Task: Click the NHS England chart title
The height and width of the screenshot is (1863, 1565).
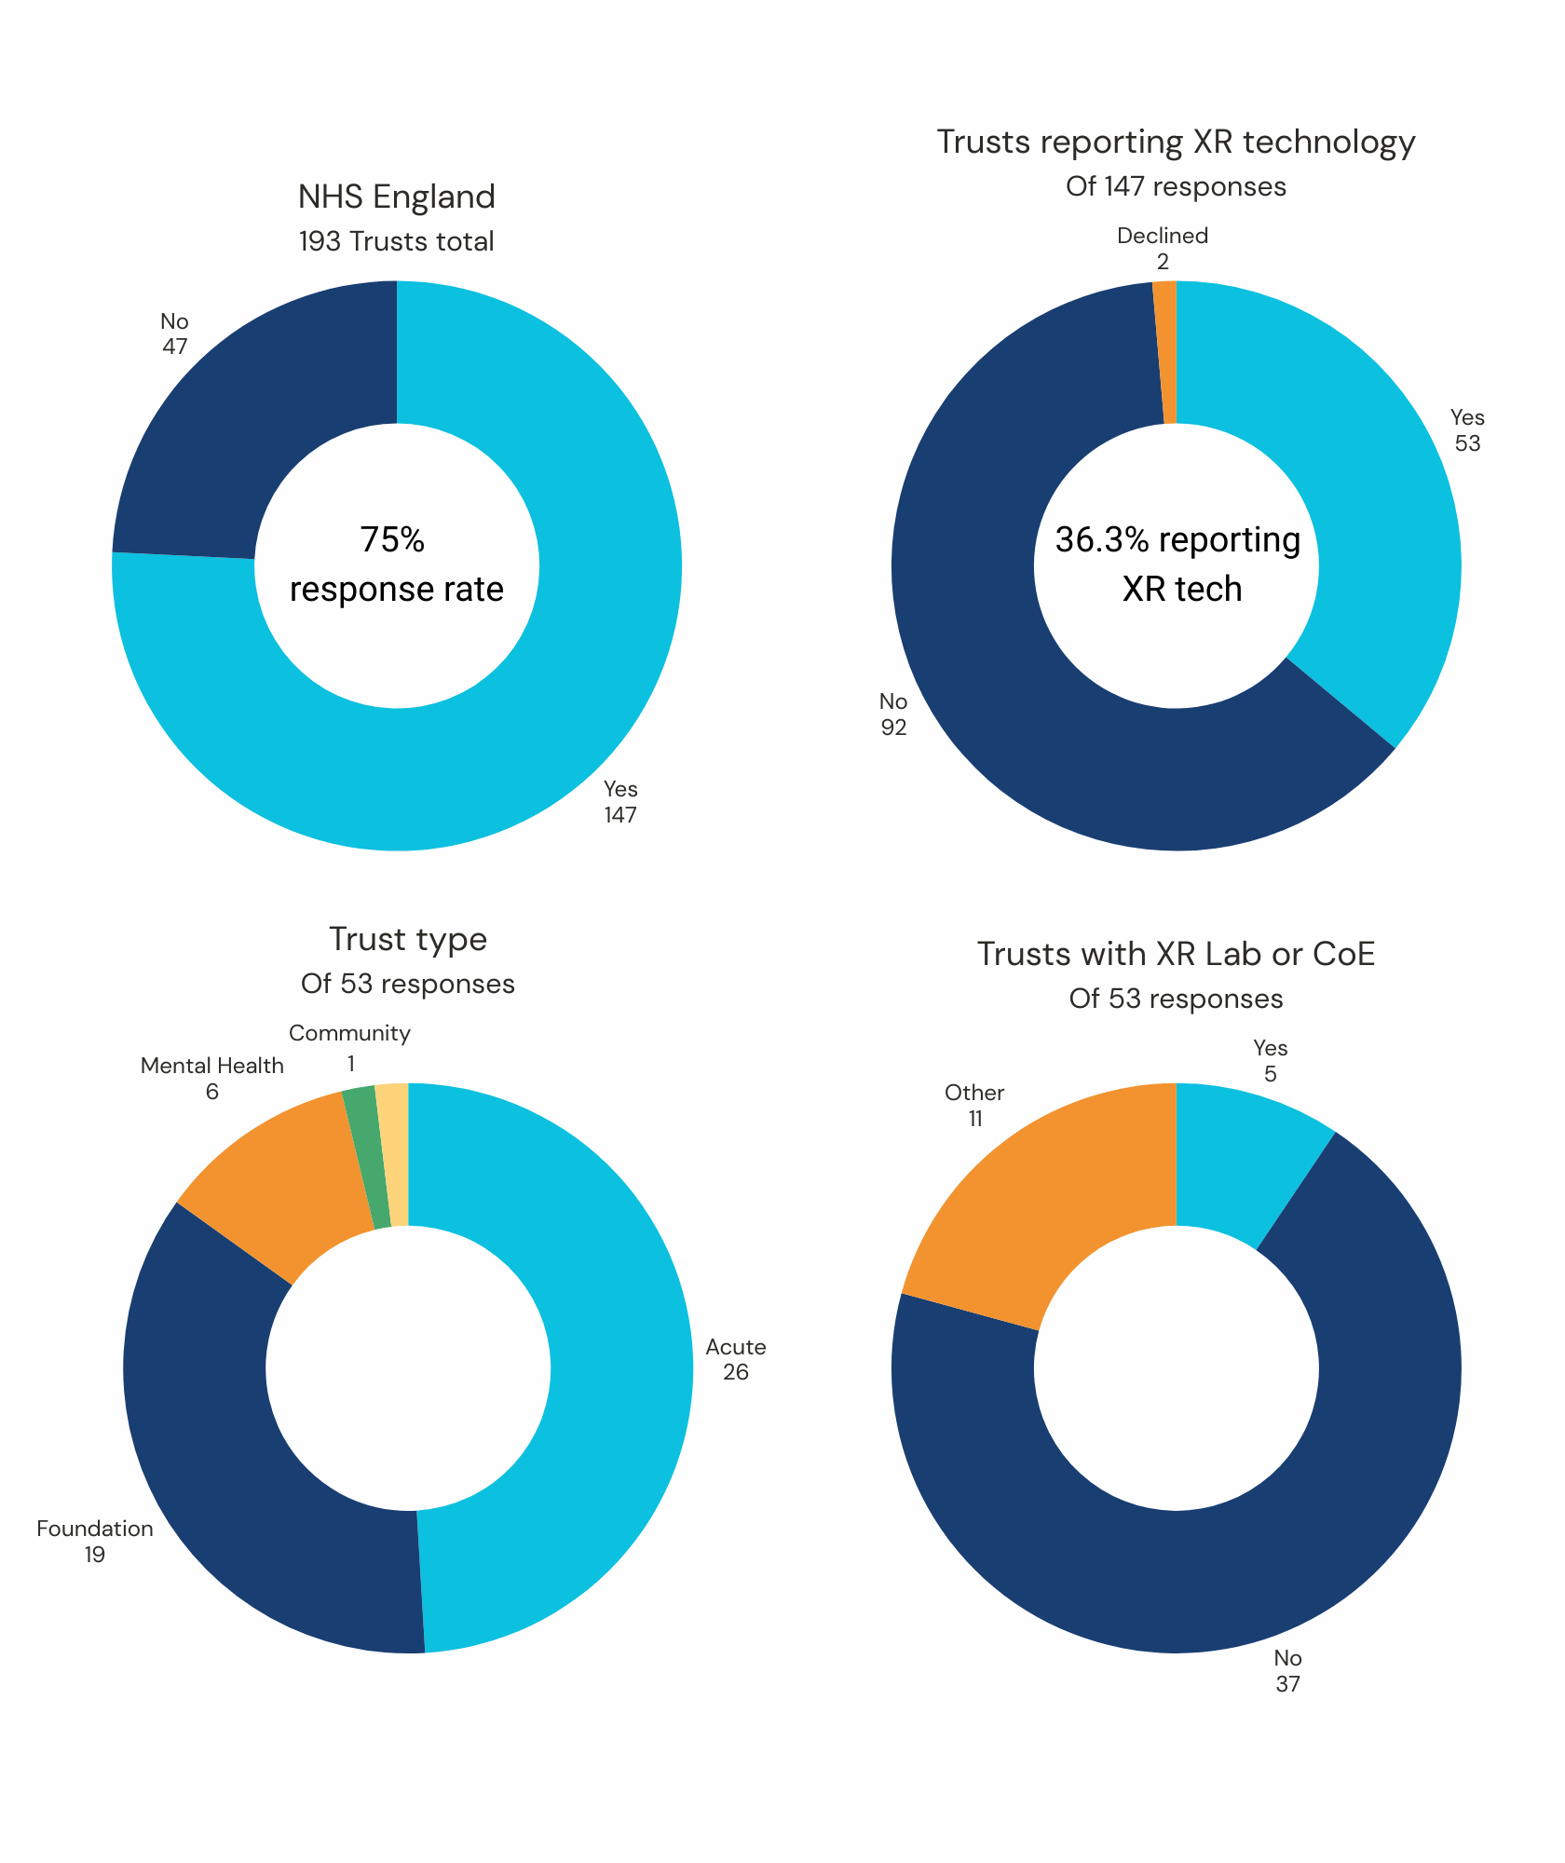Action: [396, 197]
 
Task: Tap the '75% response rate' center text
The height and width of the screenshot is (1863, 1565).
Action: [396, 564]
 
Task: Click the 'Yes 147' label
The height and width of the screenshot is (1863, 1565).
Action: [620, 802]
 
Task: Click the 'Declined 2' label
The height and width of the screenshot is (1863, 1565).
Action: [1162, 249]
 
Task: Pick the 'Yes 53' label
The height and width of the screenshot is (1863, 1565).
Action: [1466, 430]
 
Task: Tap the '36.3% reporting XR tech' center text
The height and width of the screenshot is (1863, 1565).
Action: [1177, 564]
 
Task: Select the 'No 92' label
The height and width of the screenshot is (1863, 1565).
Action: [893, 714]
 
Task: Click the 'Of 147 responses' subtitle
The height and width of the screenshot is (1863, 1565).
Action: [1176, 186]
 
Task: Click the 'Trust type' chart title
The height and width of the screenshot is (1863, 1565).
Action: [407, 939]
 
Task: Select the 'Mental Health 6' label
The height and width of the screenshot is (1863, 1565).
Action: [212, 1078]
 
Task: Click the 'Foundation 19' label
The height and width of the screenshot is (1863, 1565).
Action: [95, 1542]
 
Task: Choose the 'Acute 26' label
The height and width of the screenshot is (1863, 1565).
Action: [735, 1359]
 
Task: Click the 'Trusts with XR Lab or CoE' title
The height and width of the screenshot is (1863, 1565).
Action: [1176, 954]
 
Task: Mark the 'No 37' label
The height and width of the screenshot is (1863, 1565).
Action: [1287, 1671]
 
